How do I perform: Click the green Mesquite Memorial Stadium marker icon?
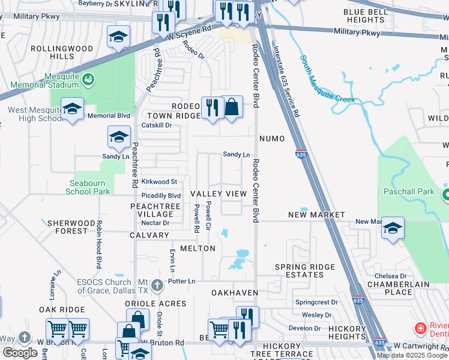(88, 79)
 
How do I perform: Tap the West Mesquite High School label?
(35, 114)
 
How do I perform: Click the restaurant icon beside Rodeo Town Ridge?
(212, 107)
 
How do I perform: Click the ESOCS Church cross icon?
(157, 284)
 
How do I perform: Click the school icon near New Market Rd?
(393, 229)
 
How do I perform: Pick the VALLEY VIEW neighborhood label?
(218, 194)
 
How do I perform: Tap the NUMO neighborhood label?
(272, 139)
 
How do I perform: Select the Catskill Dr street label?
(157, 125)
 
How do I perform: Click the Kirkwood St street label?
(159, 181)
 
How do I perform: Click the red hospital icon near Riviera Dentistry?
(422, 328)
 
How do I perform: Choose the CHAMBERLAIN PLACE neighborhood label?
(390, 288)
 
